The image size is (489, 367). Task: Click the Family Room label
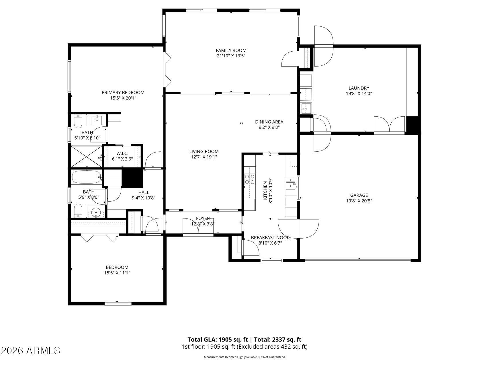tap(231, 50)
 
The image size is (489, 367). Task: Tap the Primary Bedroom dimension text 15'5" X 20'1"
tap(123, 98)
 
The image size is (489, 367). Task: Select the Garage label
tap(359, 196)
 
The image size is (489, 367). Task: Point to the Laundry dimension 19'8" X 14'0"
tap(359, 93)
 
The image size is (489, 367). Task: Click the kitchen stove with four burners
tap(249, 179)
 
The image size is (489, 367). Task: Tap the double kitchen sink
tap(291, 183)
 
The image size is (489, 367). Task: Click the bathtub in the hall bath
tap(86, 177)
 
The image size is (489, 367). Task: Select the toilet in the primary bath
tap(78, 122)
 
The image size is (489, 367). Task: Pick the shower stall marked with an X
tap(86, 157)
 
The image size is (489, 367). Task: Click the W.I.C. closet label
tap(122, 154)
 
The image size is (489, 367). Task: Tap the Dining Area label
tap(269, 122)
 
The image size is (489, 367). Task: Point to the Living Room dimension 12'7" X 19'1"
tap(204, 157)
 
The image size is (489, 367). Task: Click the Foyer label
tap(203, 218)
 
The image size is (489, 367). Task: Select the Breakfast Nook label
tap(270, 238)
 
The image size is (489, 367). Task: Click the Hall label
tap(144, 193)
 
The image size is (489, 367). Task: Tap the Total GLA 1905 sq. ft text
tap(218, 340)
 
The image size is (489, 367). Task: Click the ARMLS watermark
tap(30, 350)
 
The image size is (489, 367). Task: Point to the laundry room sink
tap(306, 108)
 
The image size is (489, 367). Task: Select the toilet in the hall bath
tap(78, 211)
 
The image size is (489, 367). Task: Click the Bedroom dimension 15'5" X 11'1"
tap(117, 273)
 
